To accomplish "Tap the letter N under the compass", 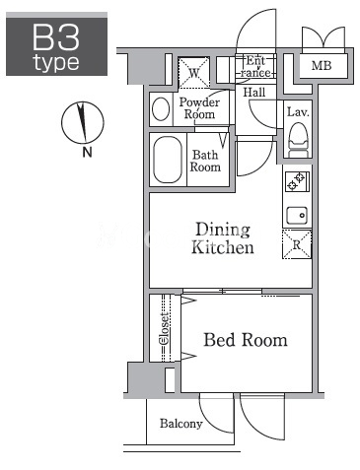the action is point(87,152).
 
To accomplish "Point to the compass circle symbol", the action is point(83,123).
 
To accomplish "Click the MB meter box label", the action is point(322,66).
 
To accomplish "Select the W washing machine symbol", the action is point(194,73).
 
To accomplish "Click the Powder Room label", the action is point(199,108).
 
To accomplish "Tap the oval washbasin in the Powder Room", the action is point(161,109).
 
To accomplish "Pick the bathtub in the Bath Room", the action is point(168,160).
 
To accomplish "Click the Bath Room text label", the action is point(205,161).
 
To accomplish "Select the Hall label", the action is point(254,93).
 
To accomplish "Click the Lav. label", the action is point(298,112).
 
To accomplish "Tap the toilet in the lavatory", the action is point(298,140).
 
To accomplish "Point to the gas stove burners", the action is point(297,181).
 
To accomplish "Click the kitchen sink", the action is point(297,216).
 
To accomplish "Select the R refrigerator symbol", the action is point(297,244).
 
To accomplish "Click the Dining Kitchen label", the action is point(223,238).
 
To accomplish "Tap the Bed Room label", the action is point(246,340).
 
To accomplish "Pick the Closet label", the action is point(164,328).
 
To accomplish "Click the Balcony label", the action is point(181,424).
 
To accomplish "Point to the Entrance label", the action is point(255,67).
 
